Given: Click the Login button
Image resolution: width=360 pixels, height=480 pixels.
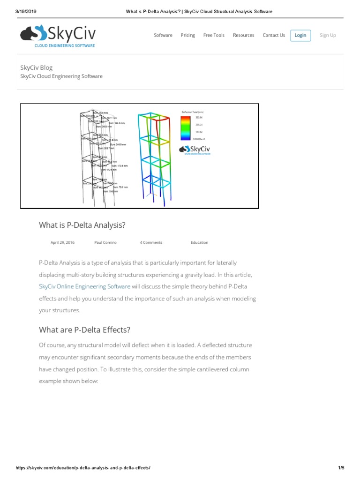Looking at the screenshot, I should point(300,35).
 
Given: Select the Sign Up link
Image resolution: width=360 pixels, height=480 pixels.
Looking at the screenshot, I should point(328,35).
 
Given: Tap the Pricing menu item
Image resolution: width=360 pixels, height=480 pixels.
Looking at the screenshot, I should point(187,35).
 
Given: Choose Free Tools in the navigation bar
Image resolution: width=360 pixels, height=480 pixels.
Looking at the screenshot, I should point(214,35).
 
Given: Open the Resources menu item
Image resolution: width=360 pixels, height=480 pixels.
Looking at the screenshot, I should point(243,35).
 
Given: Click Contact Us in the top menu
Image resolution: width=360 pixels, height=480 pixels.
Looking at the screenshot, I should point(274,35).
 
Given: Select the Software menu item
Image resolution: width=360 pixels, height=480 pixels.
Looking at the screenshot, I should point(163,35).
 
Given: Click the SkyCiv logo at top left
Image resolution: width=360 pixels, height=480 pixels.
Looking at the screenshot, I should point(58,36).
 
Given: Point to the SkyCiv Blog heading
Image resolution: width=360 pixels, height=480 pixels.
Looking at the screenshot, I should point(36,67).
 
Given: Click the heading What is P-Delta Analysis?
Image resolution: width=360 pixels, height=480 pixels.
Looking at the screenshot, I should point(82,225).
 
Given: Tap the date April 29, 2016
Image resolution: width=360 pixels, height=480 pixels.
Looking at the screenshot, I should point(62,242).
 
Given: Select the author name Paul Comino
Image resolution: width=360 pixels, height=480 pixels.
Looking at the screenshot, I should point(105,242).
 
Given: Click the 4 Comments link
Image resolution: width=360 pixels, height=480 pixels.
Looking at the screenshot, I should point(151,242).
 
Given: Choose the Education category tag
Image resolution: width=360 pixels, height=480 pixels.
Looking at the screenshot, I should point(199,242).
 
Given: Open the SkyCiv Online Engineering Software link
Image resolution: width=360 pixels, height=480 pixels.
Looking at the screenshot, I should point(84,286).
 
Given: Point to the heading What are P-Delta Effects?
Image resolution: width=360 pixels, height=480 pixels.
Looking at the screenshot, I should point(84,330).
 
